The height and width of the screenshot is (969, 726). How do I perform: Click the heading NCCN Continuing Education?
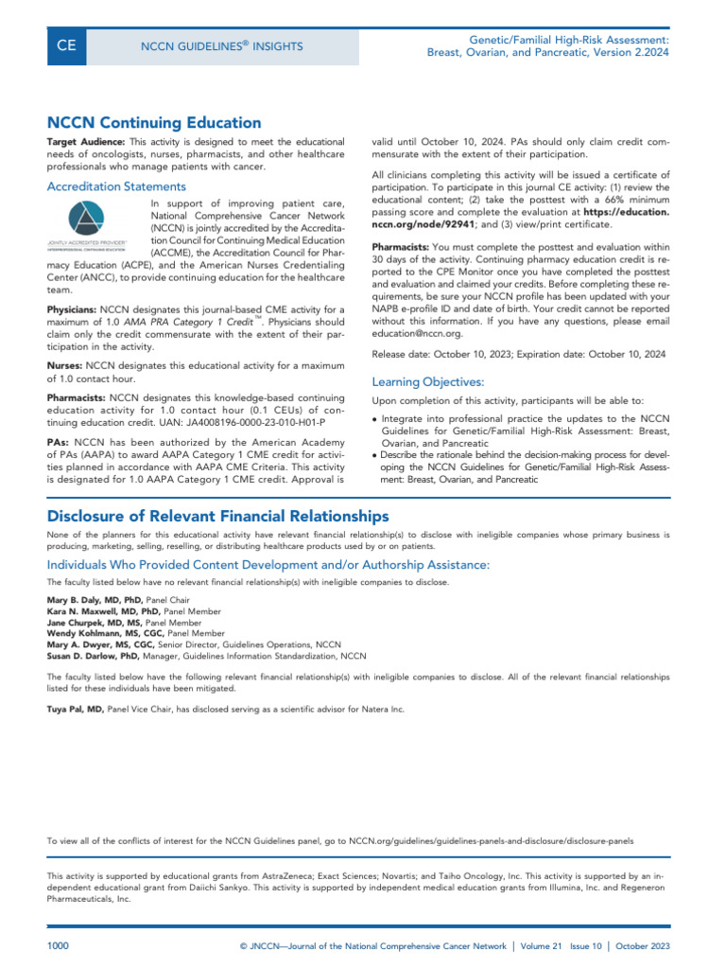pos(154,122)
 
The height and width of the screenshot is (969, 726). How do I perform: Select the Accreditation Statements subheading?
pos(116,186)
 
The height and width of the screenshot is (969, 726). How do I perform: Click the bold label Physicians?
pos(72,310)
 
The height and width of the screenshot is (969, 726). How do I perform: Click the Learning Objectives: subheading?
pos(427,382)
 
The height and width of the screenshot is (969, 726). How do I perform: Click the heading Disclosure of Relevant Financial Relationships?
pos(217,516)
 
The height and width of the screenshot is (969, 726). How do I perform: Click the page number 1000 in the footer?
pos(59,946)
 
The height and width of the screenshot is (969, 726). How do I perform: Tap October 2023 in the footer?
pos(648,946)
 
